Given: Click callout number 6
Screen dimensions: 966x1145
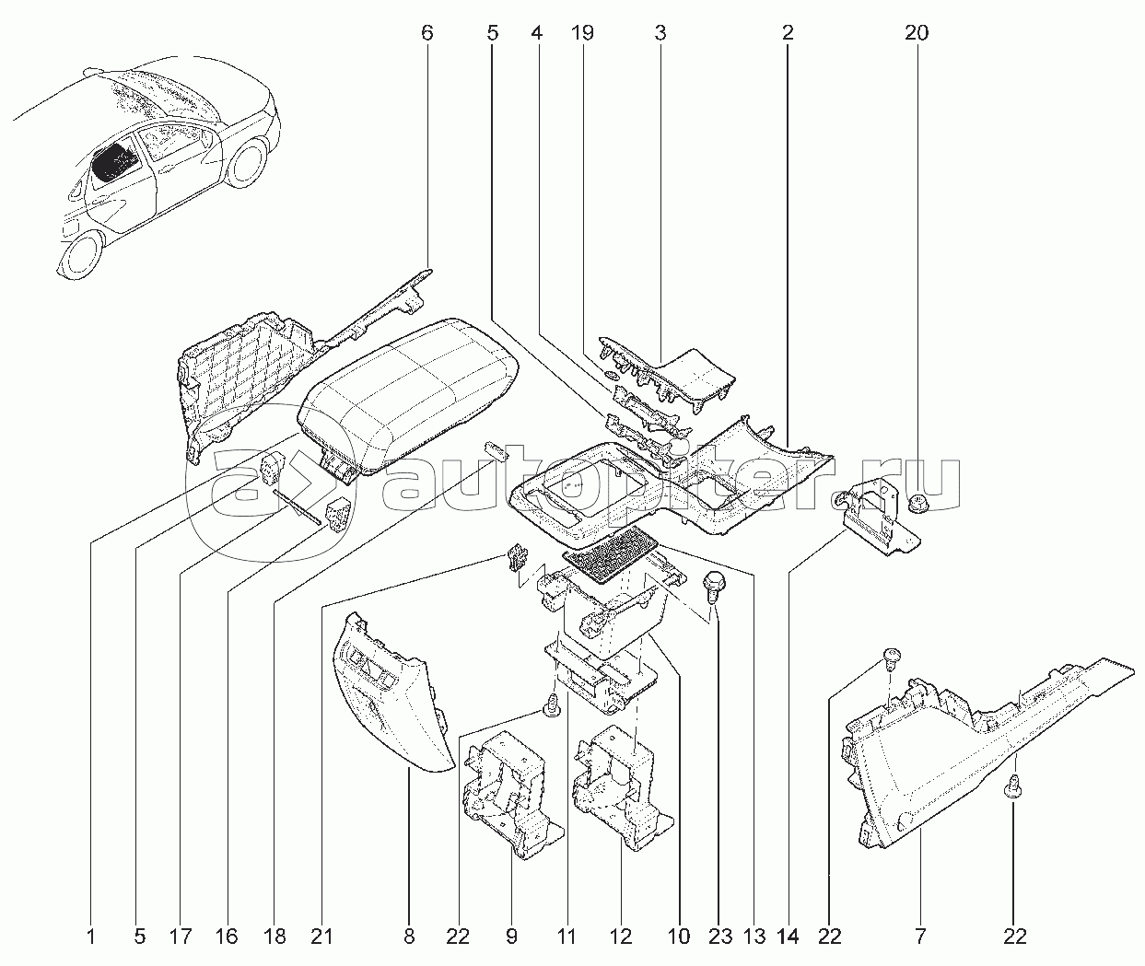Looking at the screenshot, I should [x=426, y=33].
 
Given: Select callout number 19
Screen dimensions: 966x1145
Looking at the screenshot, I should [x=581, y=33].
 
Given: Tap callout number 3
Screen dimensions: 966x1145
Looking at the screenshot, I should [x=660, y=33].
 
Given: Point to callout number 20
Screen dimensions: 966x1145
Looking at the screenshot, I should [x=916, y=33].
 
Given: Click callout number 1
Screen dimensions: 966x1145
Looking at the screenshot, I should [x=91, y=937].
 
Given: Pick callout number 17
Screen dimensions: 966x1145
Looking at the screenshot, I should [x=181, y=937].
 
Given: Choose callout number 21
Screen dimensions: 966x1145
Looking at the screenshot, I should [x=321, y=937].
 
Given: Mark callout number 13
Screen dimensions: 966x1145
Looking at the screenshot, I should [x=754, y=937].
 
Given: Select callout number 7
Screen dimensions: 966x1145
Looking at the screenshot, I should [x=919, y=937].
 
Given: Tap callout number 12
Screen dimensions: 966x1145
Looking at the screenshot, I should [x=622, y=937].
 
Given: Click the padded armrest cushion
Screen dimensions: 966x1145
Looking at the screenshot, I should [x=405, y=396].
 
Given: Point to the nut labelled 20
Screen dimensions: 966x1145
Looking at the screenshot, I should [x=917, y=502].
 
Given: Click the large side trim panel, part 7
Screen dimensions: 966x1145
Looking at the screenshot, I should [x=930, y=755].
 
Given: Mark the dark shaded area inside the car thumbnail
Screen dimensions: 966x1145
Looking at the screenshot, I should [x=114, y=162].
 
